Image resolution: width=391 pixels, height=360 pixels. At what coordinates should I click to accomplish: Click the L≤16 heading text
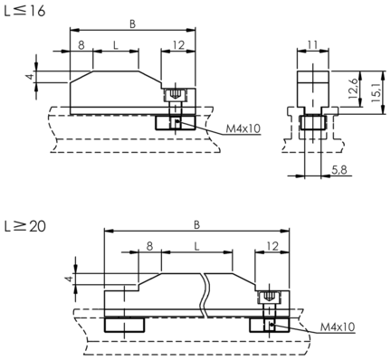pos(24,11)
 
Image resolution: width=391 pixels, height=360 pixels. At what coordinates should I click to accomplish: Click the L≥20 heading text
pos(25,226)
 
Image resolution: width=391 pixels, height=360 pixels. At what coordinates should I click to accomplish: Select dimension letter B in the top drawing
pos(132,24)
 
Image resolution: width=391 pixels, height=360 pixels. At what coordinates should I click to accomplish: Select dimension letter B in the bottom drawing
pos(196,225)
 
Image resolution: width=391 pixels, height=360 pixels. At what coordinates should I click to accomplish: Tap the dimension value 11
pos(313,45)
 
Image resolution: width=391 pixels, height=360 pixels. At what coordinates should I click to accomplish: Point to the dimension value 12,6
pos(353,89)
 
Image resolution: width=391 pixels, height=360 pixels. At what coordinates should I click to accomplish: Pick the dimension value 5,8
pos(339,170)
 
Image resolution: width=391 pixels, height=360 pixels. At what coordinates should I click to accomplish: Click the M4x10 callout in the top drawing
pos(243,128)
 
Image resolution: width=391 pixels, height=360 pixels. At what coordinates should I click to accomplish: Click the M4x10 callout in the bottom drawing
pos(338,327)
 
